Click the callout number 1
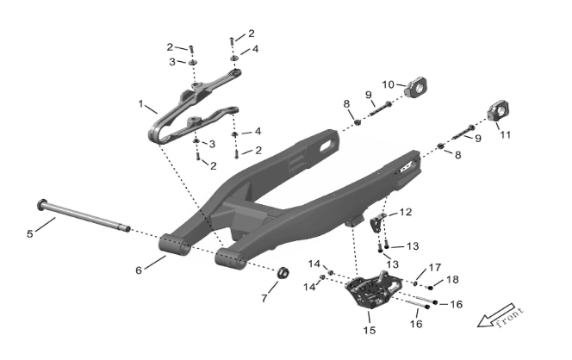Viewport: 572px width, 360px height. tap(140, 104)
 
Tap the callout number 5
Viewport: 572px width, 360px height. tap(30, 233)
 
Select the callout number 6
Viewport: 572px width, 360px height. tap(139, 270)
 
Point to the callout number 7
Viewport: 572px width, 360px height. tap(264, 298)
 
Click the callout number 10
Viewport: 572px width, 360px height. tap(389, 84)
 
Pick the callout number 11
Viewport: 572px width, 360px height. tap(505, 135)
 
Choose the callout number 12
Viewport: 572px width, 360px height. tap(406, 212)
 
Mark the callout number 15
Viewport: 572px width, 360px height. tap(370, 330)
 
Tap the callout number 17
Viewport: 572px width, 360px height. tap(435, 268)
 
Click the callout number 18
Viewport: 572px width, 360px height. tap(452, 279)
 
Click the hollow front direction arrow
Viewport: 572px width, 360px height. tap(495, 315)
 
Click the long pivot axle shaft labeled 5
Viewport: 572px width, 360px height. tap(84, 214)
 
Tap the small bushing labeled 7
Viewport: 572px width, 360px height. tap(283, 273)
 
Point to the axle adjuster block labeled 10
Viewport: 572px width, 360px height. tap(417, 88)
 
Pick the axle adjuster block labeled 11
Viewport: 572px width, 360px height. tap(499, 111)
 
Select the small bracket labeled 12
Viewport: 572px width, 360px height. tap(377, 222)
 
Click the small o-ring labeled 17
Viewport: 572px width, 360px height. tap(415, 283)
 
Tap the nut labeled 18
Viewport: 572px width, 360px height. tap(430, 288)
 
